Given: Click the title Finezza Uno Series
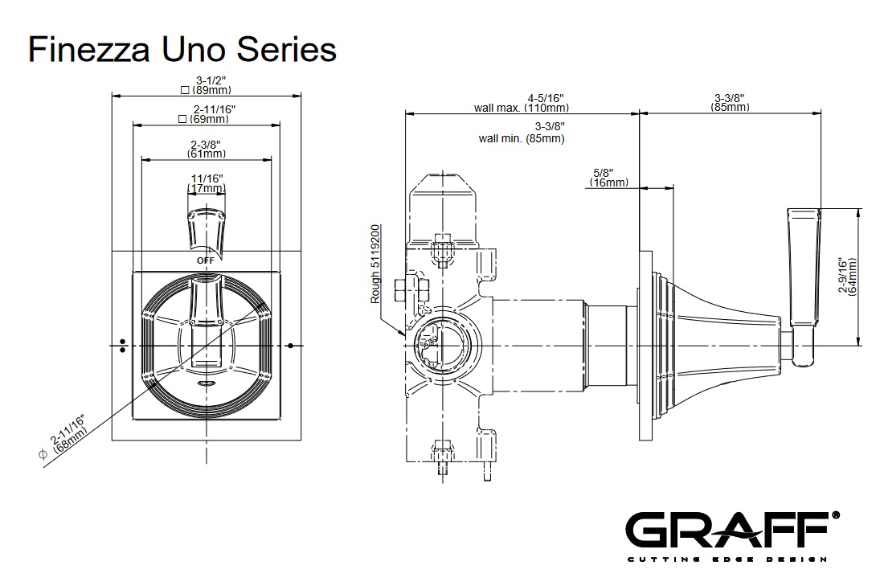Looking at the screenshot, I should pos(182,49).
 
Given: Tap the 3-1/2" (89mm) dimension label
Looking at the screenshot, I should pos(207,85).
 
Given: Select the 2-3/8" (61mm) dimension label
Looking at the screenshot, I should pos(207,149).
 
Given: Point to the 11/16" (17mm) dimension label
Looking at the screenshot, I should pos(207,183).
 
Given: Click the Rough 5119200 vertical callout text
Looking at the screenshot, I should pos(375,264).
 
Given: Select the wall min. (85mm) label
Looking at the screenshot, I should pos(522,133).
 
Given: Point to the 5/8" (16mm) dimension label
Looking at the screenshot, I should pos(608,178).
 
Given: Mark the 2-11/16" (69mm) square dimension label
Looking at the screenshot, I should pos(207,114).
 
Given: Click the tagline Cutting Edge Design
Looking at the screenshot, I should pos(727,559).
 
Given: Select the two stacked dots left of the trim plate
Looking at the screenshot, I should pos(121,345).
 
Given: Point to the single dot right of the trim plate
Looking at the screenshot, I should pos(289,345).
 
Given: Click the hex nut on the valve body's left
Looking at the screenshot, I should pos(403,289).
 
